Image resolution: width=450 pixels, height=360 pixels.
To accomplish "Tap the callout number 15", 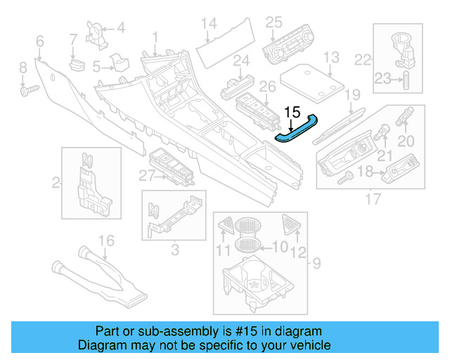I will (x=292, y=112).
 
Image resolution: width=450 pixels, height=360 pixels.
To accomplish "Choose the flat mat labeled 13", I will (x=312, y=83).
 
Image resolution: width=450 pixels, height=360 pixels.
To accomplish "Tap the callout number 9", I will (x=316, y=264).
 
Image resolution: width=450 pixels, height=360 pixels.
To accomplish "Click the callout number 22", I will (x=362, y=60).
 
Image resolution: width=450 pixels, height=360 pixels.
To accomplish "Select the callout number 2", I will (x=56, y=184).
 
